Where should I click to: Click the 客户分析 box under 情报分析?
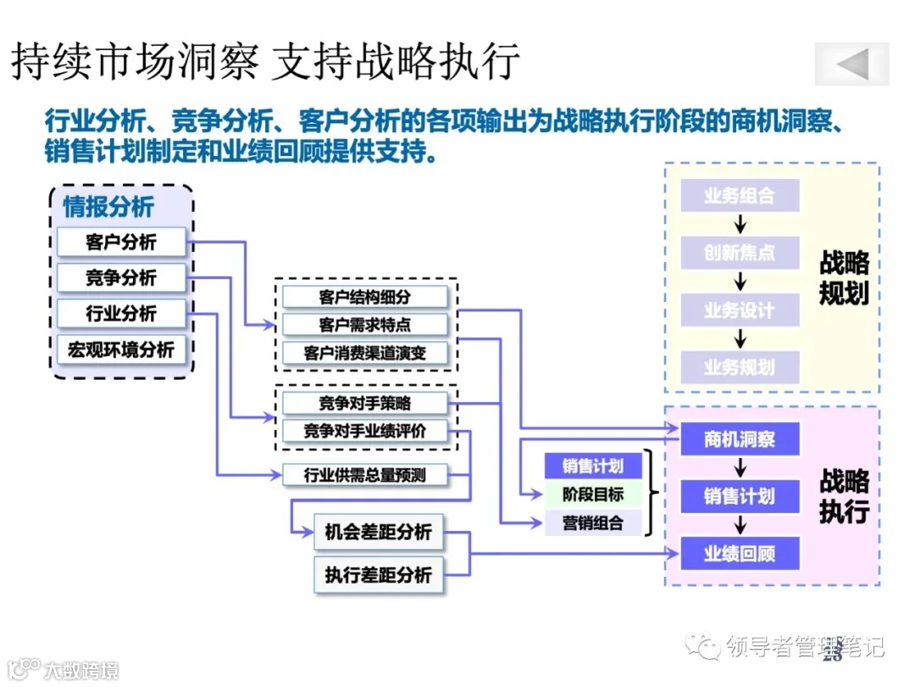[x=120, y=242]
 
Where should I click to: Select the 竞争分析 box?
[x=120, y=277]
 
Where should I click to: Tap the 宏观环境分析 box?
[x=120, y=349]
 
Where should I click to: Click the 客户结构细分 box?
[x=364, y=297]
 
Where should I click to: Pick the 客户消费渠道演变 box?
[x=364, y=353]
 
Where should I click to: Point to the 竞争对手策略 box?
[x=364, y=403]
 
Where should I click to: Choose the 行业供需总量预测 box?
[x=364, y=475]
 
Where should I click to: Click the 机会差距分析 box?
[x=378, y=533]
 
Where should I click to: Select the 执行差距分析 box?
[x=378, y=575]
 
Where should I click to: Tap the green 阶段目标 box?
[x=592, y=494]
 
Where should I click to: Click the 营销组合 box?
[x=592, y=522]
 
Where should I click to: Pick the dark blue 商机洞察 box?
[x=740, y=439]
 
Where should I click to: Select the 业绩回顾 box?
[x=740, y=554]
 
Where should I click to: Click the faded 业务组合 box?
[x=740, y=196]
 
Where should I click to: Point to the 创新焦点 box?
[x=740, y=253]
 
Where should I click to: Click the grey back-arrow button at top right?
[x=851, y=64]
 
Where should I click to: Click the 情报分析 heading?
[x=108, y=206]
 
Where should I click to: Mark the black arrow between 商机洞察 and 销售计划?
[x=740, y=467]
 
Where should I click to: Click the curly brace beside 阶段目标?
[x=652, y=493]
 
